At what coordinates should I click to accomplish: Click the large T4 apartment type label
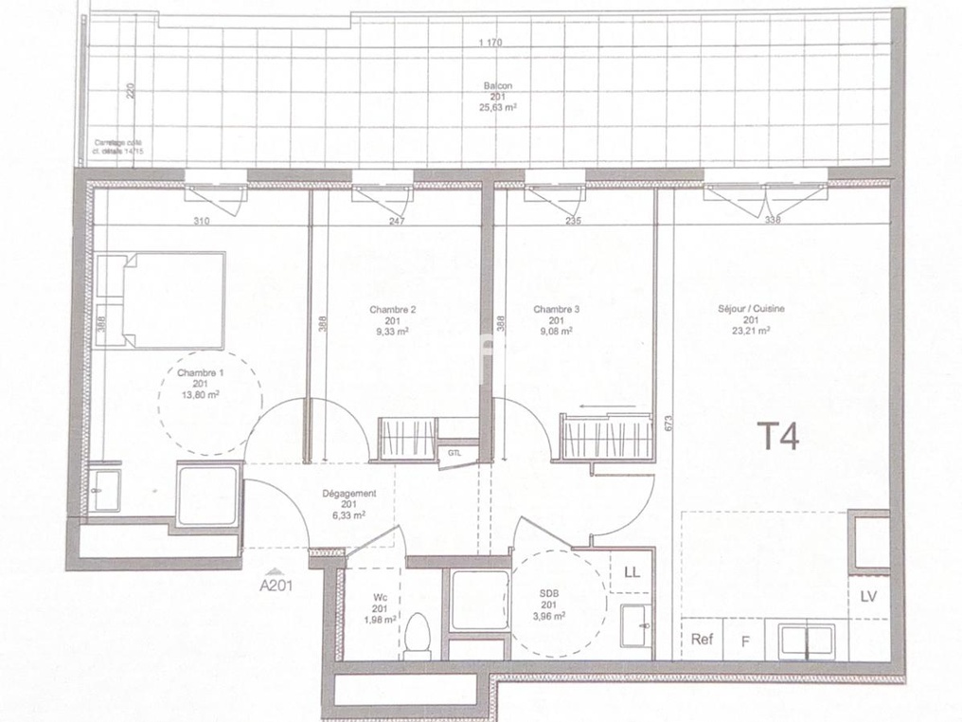coord(779,437)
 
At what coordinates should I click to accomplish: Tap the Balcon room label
coord(497,86)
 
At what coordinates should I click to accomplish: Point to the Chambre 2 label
coord(393,310)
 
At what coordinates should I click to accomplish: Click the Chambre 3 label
coord(556,310)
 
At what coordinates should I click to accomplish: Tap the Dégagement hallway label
coord(349,493)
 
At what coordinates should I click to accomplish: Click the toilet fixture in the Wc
coord(418,636)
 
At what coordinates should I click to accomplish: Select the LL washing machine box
coord(632,571)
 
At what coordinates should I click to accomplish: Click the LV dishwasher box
coord(869,596)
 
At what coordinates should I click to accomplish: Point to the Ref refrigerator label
coord(702,640)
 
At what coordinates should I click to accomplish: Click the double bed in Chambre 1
coord(162,299)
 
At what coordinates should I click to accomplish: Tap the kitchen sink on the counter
coord(806,641)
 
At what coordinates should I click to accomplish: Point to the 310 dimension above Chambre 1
coord(202,222)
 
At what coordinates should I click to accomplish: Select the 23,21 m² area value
coord(751,331)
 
